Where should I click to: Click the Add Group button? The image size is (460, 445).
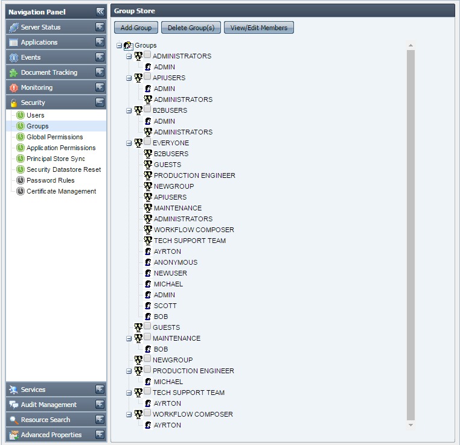pos(136,28)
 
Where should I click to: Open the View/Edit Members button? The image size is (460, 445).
pos(259,28)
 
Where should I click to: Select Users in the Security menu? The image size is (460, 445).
pos(36,115)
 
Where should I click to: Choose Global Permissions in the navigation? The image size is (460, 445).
pos(54,137)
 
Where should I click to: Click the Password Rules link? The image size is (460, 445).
pos(51,180)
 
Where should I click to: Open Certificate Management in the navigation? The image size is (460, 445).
pos(61,191)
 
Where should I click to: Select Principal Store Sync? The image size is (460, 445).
pos(56,159)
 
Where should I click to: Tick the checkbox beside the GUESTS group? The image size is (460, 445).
pos(147,326)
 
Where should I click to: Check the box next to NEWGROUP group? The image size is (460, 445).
pos(147,358)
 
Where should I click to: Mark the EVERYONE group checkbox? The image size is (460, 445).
pos(147,142)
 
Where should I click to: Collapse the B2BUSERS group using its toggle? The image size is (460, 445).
pos(129,111)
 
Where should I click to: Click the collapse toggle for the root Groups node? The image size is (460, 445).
pos(119,45)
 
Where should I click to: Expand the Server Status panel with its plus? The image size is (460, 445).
pos(100,27)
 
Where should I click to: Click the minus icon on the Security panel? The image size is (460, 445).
pos(100,103)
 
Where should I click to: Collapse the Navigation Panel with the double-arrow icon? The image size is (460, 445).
pos(100,11)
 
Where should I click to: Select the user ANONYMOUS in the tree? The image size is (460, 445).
pos(176,262)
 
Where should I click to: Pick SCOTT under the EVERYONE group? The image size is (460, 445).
pos(165,306)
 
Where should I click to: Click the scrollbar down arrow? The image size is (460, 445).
pos(410,425)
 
